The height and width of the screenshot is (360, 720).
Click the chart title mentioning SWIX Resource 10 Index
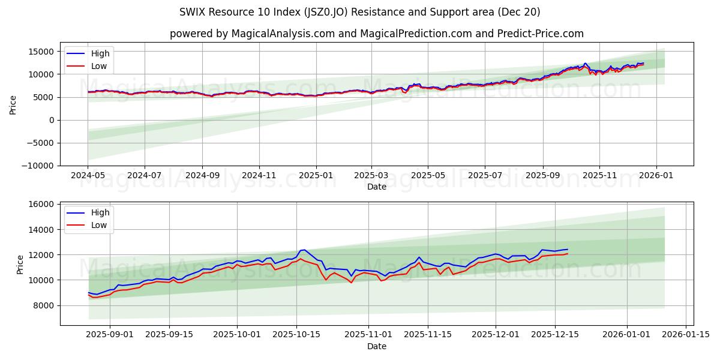tap(359, 12)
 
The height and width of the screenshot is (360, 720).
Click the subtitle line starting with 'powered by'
tap(376, 34)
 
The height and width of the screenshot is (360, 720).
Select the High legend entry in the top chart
tap(100, 53)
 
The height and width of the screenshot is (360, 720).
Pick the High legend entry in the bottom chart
tap(99, 212)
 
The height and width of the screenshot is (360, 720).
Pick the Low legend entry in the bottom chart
tap(99, 225)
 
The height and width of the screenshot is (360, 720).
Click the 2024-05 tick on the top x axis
tap(88, 176)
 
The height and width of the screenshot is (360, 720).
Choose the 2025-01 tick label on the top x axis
tap(316, 176)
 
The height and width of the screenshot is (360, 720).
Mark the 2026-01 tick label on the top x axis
tap(656, 176)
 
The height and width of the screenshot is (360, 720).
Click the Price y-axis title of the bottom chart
tap(21, 264)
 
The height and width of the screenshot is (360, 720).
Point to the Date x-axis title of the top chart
tap(376, 187)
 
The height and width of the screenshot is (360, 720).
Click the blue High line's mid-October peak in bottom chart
tap(304, 250)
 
